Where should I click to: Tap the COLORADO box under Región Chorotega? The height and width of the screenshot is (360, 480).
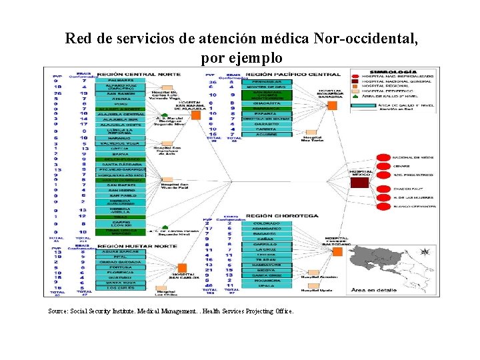pos(266,223)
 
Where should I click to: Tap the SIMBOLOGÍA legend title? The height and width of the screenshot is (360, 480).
pos(396,71)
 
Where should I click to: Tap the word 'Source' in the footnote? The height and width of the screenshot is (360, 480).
pos(59,311)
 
